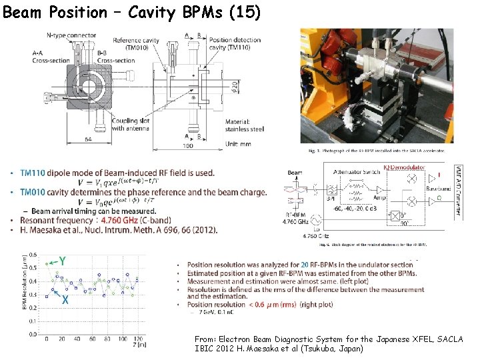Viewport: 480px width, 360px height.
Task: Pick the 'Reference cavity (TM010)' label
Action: (136, 45)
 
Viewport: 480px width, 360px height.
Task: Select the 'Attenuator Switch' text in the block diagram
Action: (358, 172)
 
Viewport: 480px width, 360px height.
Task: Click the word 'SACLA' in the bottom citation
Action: (448, 339)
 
